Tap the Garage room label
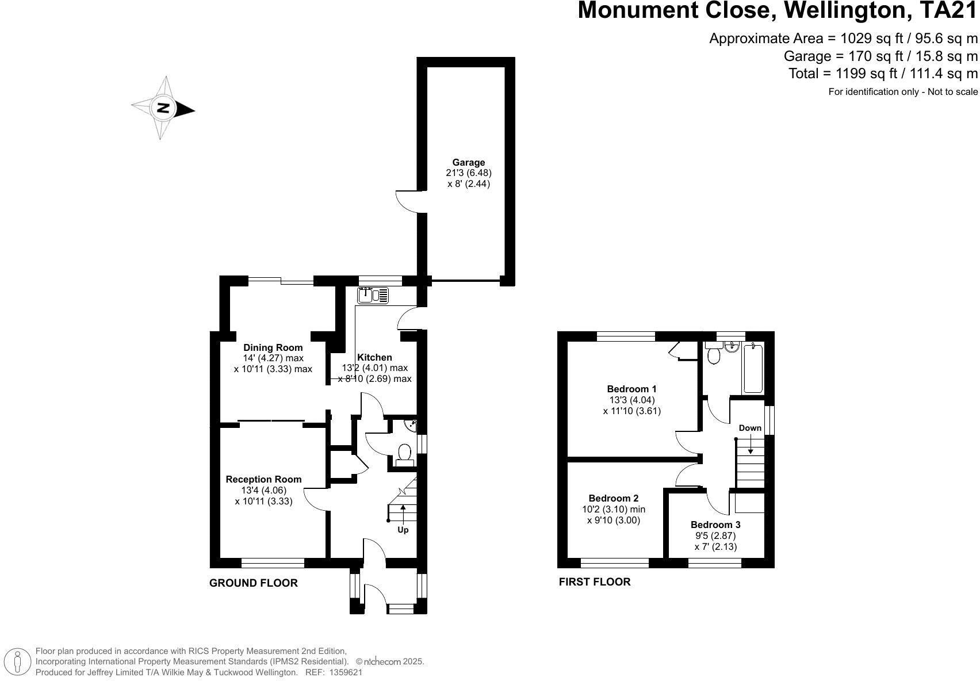tap(468, 162)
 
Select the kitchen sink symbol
tap(373, 296)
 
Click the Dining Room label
tap(273, 347)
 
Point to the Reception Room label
tap(263, 479)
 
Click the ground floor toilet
tap(404, 453)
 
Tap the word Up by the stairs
tap(403, 530)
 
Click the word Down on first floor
tap(750, 428)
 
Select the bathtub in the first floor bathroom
tap(753, 368)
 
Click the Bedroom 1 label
tap(631, 389)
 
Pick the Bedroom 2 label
tap(613, 498)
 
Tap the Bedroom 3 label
tap(715, 525)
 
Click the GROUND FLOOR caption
tap(253, 583)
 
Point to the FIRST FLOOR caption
tap(594, 582)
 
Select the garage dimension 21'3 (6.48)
tap(468, 173)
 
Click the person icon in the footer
tap(18, 661)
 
